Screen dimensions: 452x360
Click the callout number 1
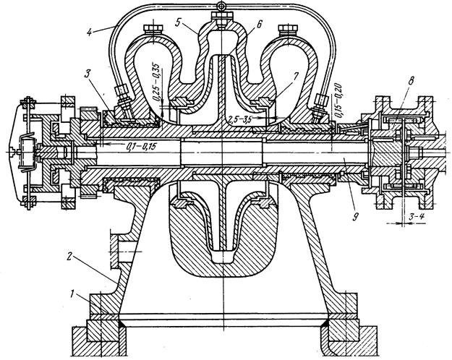coord(72,293)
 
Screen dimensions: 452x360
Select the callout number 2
coord(69,257)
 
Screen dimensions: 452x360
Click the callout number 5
coord(178,22)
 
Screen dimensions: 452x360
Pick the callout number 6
coord(259,24)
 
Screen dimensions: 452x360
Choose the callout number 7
coord(296,75)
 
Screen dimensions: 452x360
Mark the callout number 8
coord(410,81)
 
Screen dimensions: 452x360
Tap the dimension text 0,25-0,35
coord(156,82)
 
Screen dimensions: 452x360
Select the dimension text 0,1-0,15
coord(141,147)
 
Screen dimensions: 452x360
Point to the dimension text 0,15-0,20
coord(338,100)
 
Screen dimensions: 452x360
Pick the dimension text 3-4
coord(417,217)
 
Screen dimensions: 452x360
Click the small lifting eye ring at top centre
coord(221,6)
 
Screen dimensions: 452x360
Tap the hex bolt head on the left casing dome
coord(153,28)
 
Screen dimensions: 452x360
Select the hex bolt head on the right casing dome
coord(289,28)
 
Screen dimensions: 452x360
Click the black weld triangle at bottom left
coord(122,324)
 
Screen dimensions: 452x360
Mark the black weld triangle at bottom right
coord(325,323)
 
